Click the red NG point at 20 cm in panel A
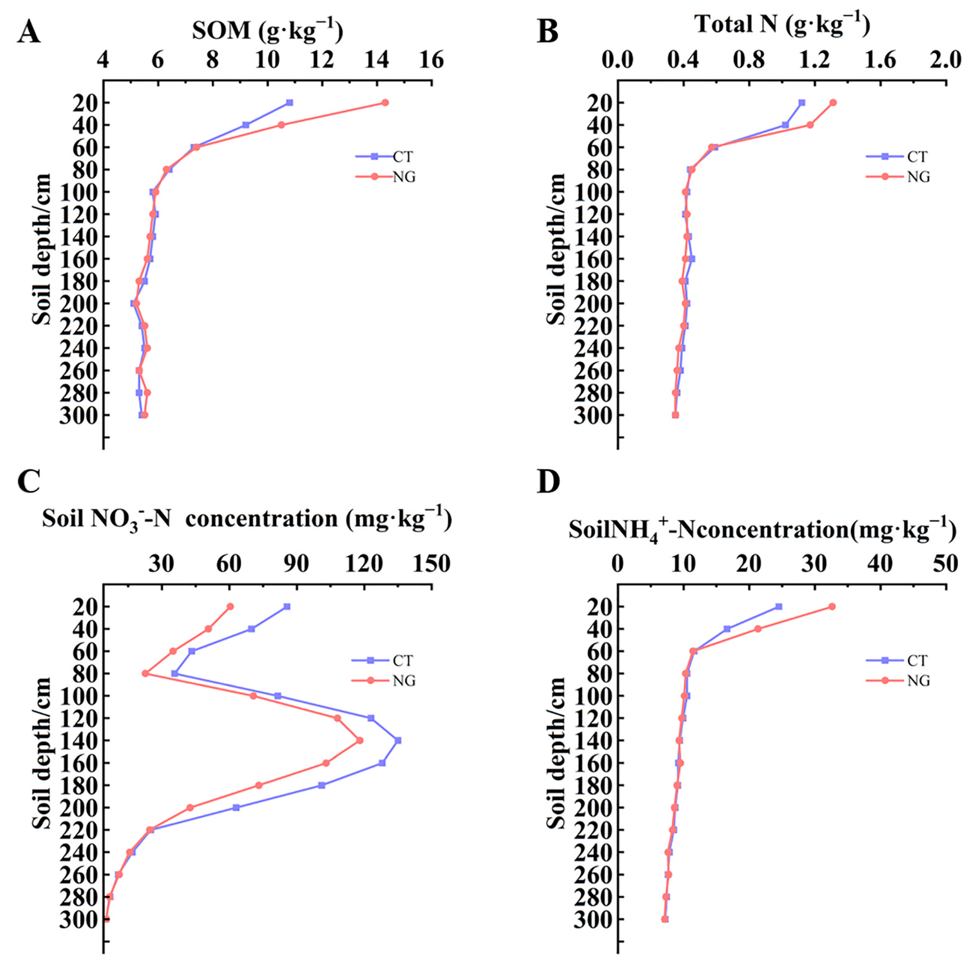click(x=385, y=103)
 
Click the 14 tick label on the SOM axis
click(x=376, y=61)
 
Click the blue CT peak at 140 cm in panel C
click(x=398, y=740)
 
